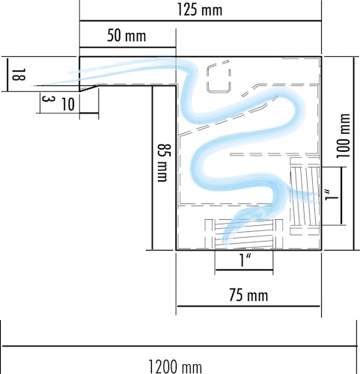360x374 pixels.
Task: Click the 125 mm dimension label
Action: coord(200,10)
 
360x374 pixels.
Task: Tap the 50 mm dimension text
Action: coord(126,36)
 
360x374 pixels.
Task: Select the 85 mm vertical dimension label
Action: coord(165,162)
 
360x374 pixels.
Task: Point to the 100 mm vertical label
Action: coord(343,136)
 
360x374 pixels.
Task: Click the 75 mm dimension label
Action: coord(248,295)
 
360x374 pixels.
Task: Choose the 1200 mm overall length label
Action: coord(175,367)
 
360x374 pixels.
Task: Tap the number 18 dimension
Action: coord(19,75)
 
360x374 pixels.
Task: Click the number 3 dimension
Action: coord(48,99)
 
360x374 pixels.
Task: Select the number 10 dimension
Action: coord(68,105)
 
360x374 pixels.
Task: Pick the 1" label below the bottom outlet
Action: coord(245,260)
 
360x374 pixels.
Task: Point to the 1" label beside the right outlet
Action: coord(332,195)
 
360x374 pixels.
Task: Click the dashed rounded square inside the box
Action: coord(219,79)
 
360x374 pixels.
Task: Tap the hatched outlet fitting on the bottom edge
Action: coord(244,234)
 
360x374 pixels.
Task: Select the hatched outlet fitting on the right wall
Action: coord(305,197)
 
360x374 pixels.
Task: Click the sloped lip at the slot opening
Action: coord(89,88)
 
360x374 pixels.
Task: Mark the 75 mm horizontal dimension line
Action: coord(248,306)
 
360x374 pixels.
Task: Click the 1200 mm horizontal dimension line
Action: coord(179,346)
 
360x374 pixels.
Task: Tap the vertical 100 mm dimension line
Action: coord(353,153)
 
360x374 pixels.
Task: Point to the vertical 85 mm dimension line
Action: coord(152,168)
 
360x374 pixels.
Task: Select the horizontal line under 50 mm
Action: coord(128,47)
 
